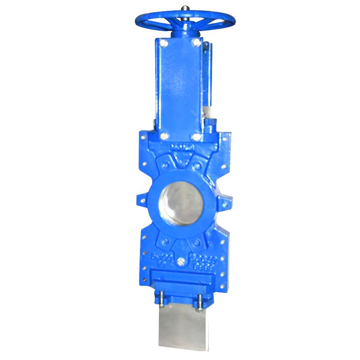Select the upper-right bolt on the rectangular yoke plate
coord(197,42)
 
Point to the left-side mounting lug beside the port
coord(140,200)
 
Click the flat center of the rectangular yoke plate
coord(180,88)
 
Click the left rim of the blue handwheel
coord(137,20)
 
